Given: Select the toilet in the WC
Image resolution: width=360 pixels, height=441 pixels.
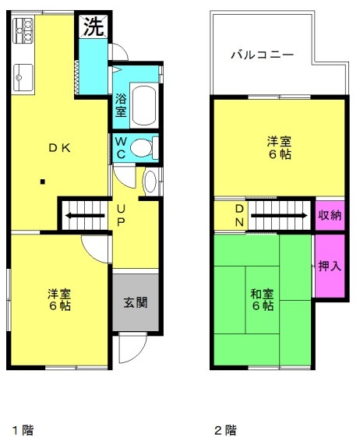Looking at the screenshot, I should coord(143,146).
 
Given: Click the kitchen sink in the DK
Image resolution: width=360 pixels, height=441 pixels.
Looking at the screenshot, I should coord(20,78).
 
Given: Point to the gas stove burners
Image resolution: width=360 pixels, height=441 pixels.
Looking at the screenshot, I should coord(23,31).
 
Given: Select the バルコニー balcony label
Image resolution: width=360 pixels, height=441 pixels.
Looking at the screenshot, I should coord(261,55).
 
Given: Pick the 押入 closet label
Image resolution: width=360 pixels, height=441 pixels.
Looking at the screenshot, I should coord(329,266).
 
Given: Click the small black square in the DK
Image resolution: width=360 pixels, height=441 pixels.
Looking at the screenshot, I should coord(44,183).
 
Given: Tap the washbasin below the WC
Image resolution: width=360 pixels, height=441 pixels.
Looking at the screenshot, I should coord(150,182).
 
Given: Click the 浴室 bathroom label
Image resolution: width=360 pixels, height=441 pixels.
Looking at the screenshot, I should coord(121,104).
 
